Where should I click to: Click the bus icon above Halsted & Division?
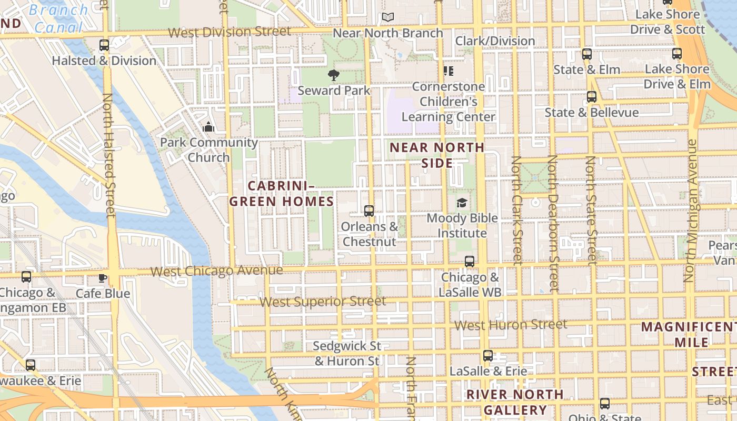click(104, 45)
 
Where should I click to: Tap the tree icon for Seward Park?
click(333, 75)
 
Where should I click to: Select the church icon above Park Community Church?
click(208, 127)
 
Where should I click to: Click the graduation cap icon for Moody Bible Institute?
click(462, 203)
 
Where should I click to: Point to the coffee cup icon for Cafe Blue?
click(103, 278)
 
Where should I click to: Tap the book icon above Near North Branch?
click(388, 17)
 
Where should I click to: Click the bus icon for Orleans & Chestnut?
click(369, 211)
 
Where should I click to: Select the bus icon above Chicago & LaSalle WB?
click(470, 262)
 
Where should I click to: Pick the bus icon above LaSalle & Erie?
click(488, 356)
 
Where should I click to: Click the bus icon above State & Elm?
click(587, 54)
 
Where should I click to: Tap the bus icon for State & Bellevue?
click(592, 97)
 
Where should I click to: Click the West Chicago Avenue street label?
click(216, 271)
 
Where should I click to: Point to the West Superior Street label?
click(323, 302)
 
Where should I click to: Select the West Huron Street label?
click(511, 325)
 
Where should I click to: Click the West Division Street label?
click(229, 32)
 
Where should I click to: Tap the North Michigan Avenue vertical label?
click(690, 210)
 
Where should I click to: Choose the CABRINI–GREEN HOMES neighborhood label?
click(282, 193)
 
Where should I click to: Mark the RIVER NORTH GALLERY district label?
click(515, 402)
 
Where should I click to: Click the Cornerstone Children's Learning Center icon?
click(448, 71)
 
